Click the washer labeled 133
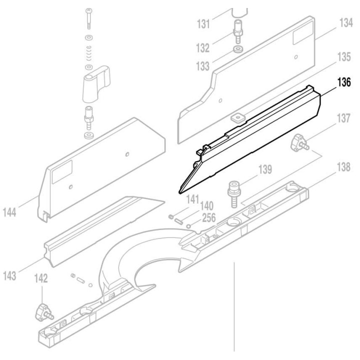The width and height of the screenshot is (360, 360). (x=237, y=49)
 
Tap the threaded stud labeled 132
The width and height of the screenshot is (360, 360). (x=238, y=32)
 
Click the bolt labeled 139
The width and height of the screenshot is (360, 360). (x=233, y=192)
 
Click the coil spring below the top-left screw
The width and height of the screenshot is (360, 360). (x=88, y=52)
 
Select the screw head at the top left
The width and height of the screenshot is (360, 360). (x=88, y=10)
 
